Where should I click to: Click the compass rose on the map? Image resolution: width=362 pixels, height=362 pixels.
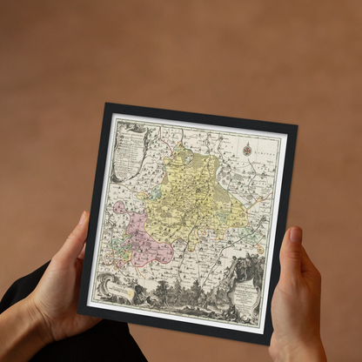(x=247, y=150)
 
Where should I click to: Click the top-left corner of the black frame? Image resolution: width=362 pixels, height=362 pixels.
(x=106, y=104)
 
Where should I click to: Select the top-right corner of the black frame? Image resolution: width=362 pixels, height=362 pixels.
(x=297, y=126)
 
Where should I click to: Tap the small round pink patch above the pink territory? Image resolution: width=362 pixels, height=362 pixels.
(x=119, y=208)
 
